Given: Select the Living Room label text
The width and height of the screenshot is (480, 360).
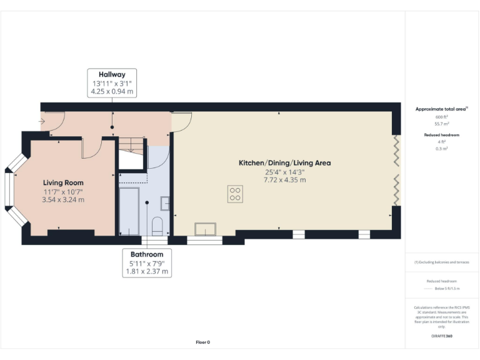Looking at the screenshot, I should coord(63,182).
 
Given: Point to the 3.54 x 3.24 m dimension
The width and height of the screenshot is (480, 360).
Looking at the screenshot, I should coord(63,200).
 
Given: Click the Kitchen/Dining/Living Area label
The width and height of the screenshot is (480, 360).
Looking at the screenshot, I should coord(284,163).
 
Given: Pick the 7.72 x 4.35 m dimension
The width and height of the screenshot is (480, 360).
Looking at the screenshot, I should coord(284,180).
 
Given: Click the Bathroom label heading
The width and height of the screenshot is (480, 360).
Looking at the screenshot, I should coord(147,254).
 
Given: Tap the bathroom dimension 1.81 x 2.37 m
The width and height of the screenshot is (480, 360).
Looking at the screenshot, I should coord(147,272).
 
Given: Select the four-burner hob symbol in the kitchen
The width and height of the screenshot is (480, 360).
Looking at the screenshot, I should coord(236,194).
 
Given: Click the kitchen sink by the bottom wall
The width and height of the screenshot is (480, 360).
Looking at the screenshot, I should coord(204,228).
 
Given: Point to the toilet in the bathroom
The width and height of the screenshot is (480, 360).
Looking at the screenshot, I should coord(157,226).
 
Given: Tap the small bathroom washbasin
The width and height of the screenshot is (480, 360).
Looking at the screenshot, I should coord(165,202).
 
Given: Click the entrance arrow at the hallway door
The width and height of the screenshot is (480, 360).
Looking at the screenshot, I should coord(42,121).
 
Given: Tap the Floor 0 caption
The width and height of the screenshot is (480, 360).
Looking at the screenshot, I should coord(203,342).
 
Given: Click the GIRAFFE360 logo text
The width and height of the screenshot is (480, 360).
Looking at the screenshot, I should coord(441,337).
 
